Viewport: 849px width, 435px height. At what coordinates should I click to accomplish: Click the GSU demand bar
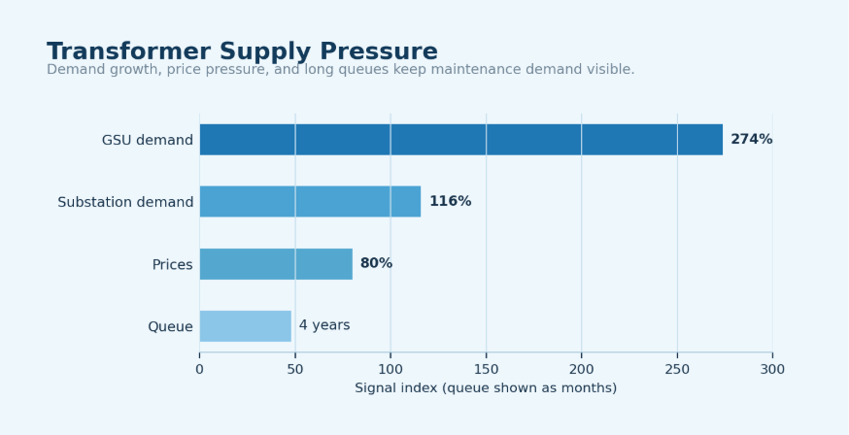click(461, 140)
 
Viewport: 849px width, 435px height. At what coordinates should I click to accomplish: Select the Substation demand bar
click(310, 202)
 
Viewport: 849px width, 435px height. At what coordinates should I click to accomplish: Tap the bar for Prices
click(276, 264)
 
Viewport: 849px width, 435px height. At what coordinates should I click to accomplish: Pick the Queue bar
click(246, 326)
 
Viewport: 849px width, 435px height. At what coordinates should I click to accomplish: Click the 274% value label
click(752, 140)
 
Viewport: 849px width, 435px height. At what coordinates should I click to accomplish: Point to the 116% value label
click(450, 201)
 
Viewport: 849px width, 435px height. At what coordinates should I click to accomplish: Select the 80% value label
click(376, 263)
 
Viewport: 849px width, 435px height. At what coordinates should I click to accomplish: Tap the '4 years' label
click(324, 325)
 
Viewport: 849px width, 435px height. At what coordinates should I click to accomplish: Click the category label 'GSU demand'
click(148, 140)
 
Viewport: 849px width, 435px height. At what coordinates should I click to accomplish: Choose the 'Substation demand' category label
click(125, 202)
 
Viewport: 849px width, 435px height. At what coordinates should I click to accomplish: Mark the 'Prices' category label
click(172, 264)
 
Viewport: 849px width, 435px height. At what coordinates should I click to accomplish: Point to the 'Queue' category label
click(171, 327)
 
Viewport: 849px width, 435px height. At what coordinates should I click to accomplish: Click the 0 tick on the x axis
click(200, 370)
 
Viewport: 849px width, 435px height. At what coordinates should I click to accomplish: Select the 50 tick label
click(295, 370)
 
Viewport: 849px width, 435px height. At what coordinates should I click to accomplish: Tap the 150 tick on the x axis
click(486, 370)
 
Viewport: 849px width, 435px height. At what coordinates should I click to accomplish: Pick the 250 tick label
click(677, 370)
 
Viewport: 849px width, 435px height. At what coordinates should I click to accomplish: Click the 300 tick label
click(772, 370)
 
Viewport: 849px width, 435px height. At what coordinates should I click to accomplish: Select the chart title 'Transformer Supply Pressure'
click(242, 51)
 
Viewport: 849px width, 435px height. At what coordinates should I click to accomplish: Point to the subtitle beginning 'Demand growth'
click(341, 69)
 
